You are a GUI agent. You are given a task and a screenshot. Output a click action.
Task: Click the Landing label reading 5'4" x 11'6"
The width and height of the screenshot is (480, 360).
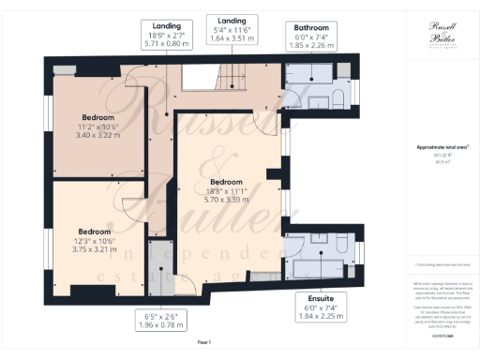point(231,20)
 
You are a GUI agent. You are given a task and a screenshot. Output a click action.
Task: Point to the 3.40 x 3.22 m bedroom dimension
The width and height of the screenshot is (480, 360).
point(97,135)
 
